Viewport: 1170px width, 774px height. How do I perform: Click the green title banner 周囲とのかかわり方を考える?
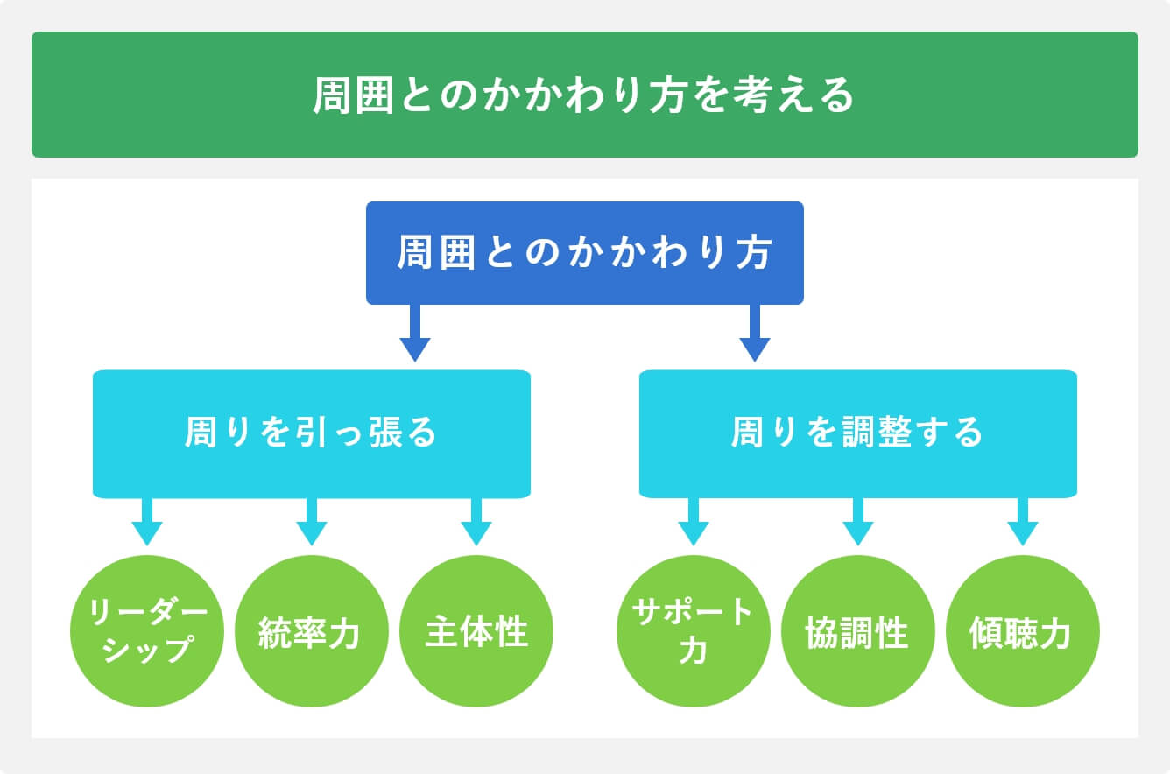coord(584,95)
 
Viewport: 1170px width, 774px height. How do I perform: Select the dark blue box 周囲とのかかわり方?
coord(584,253)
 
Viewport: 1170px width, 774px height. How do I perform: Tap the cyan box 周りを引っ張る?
coord(311,433)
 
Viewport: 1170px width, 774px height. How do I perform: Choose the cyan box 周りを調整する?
coord(857,433)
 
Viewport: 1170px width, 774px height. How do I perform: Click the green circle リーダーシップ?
coord(146,631)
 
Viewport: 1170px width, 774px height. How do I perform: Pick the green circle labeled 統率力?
coord(311,631)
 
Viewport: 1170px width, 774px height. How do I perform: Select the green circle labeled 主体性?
coord(476,631)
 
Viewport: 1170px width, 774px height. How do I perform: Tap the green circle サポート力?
coord(693,631)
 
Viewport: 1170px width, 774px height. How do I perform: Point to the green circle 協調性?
coord(857,631)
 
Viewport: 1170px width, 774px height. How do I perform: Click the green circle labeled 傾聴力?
coord(1022,631)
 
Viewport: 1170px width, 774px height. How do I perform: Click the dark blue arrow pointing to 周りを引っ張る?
coord(415,334)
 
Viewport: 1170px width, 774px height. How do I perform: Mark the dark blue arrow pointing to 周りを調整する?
coord(754,334)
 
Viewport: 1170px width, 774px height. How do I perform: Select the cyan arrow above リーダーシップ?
coord(146,522)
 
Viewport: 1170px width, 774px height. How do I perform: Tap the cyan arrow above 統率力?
coord(311,522)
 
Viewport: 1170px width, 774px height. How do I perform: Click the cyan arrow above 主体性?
coord(476,522)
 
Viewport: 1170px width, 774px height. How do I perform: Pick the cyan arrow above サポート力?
coord(693,522)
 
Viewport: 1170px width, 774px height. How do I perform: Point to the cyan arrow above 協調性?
coord(857,522)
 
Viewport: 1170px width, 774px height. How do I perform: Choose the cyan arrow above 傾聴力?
coord(1022,522)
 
